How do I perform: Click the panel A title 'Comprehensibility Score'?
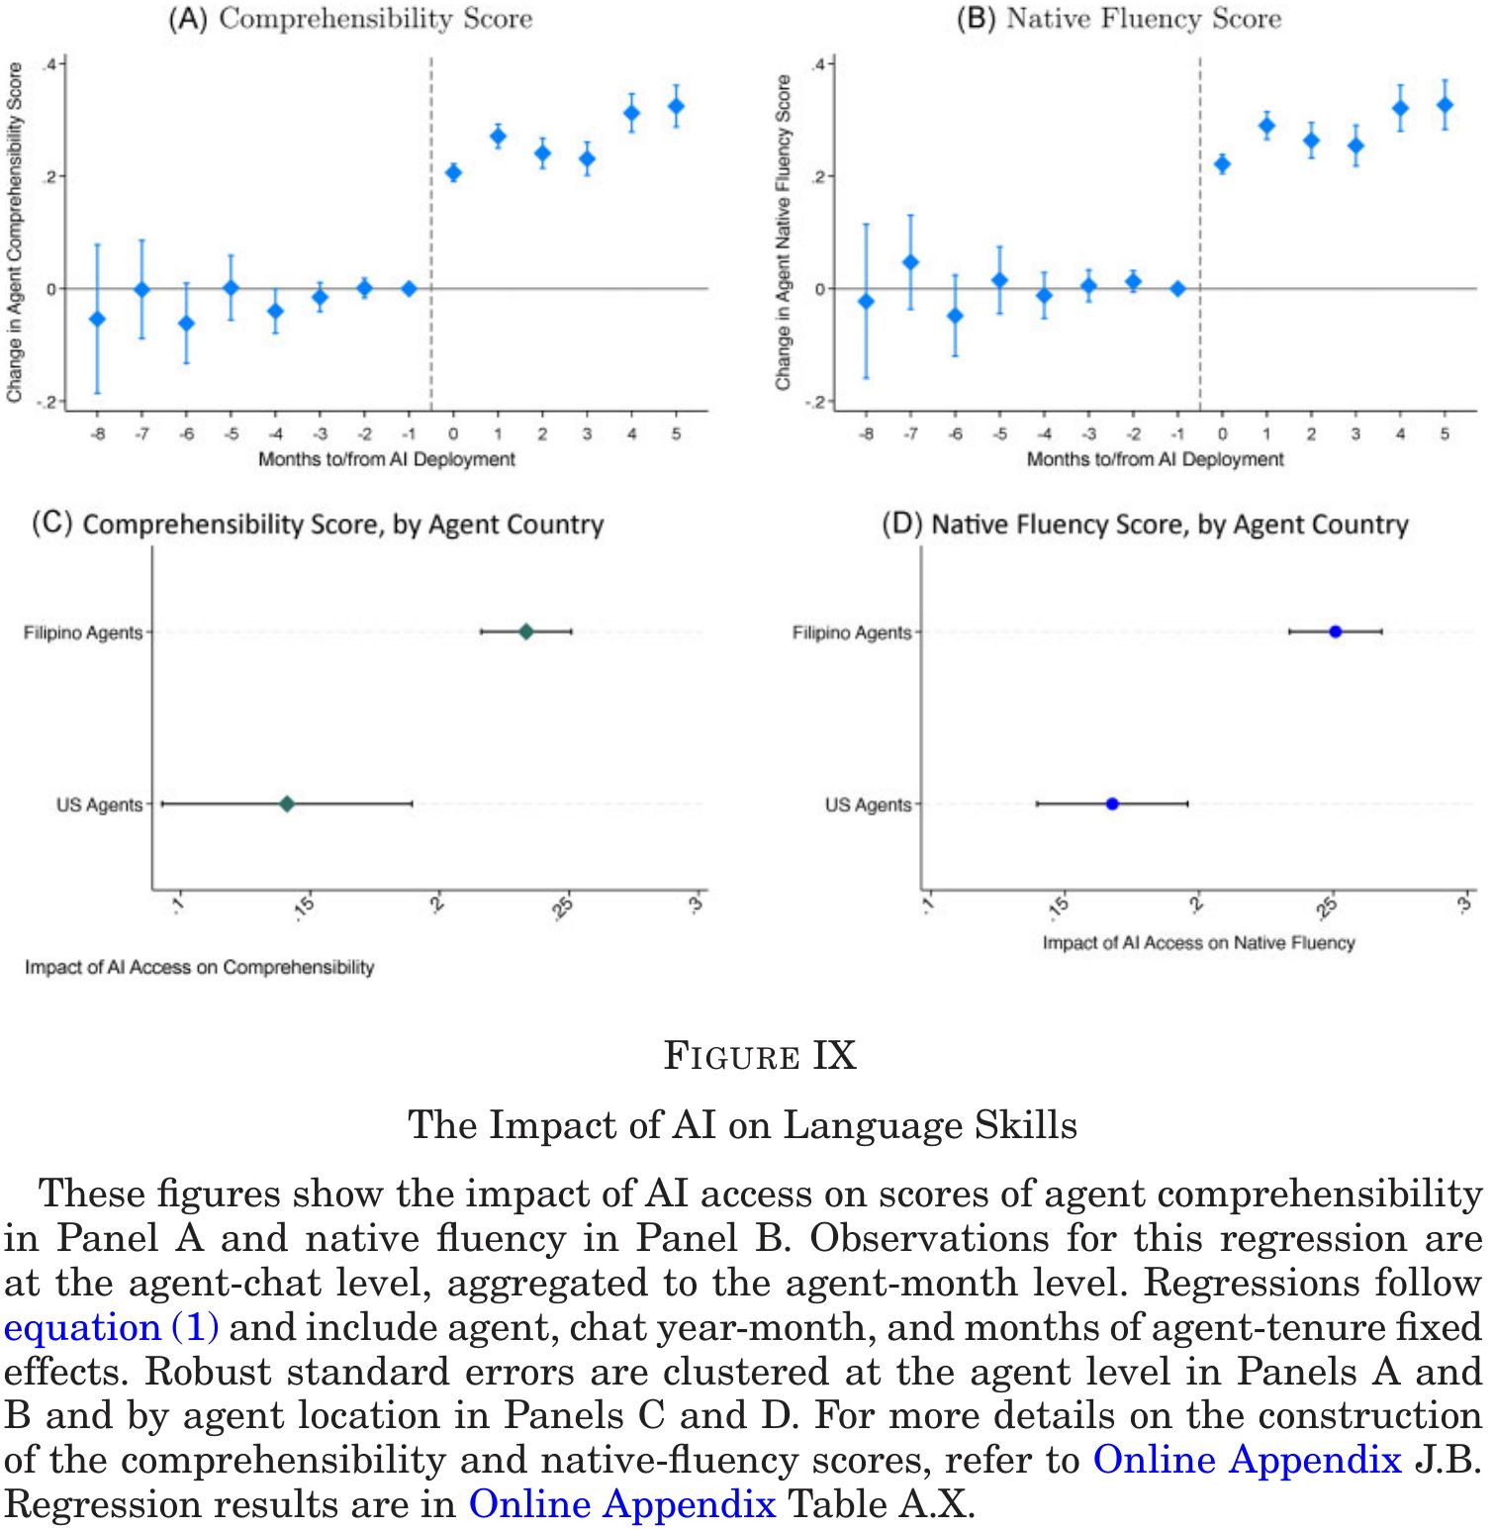click(376, 19)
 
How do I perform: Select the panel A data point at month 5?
click(676, 107)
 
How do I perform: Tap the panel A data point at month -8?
click(97, 319)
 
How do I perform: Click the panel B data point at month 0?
click(1222, 164)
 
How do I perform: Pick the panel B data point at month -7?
click(910, 262)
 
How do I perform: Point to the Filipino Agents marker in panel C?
click(526, 631)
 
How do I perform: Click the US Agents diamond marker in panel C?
click(287, 804)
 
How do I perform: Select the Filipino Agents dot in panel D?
click(1335, 631)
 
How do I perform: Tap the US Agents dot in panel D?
click(1112, 804)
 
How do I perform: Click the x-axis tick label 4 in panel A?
click(631, 433)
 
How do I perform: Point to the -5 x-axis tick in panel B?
click(999, 433)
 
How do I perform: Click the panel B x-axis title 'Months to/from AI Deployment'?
click(1155, 459)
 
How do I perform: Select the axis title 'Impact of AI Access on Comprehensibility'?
click(200, 967)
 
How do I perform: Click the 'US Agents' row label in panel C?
click(99, 805)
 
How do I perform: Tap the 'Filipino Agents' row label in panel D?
click(851, 632)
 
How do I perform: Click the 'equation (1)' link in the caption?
click(111, 1327)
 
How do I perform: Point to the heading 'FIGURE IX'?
click(760, 1055)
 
